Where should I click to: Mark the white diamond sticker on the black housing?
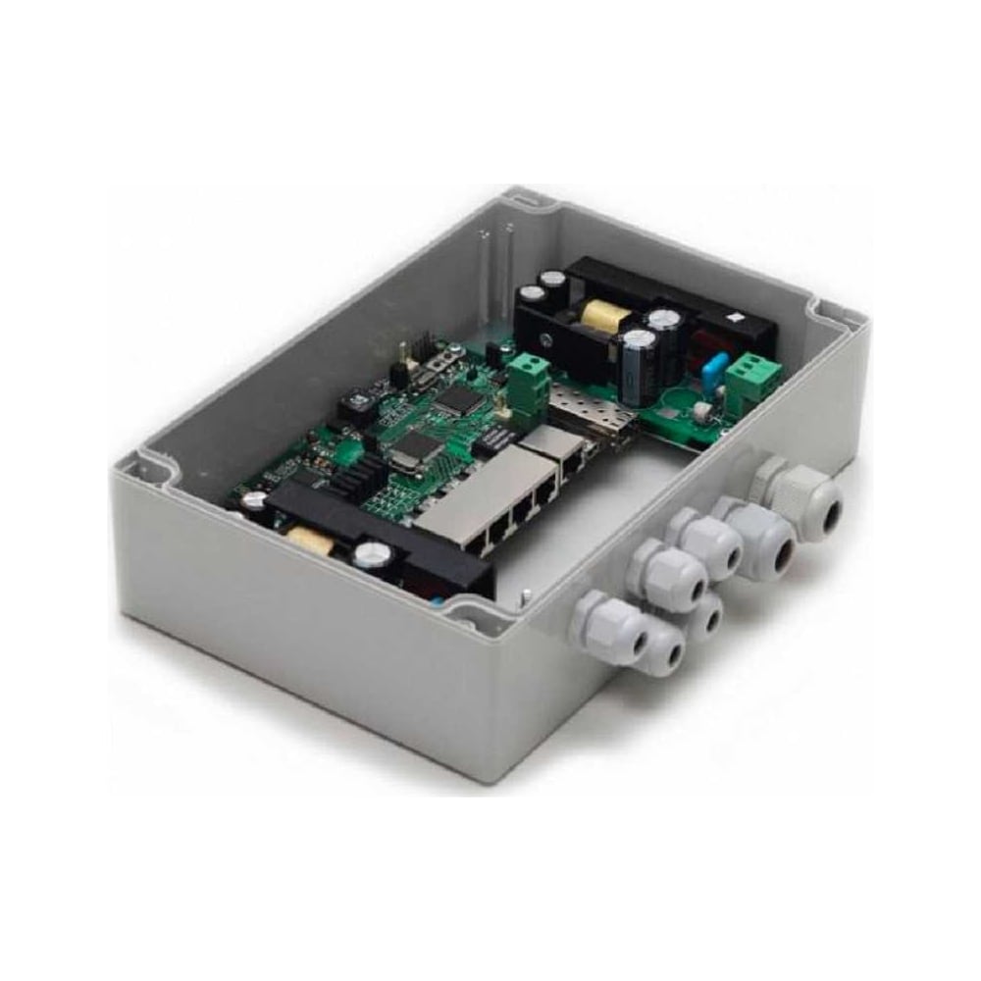tap(734, 318)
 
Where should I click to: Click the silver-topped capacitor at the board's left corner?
tap(253, 500)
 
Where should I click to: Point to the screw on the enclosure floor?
tap(528, 593)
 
